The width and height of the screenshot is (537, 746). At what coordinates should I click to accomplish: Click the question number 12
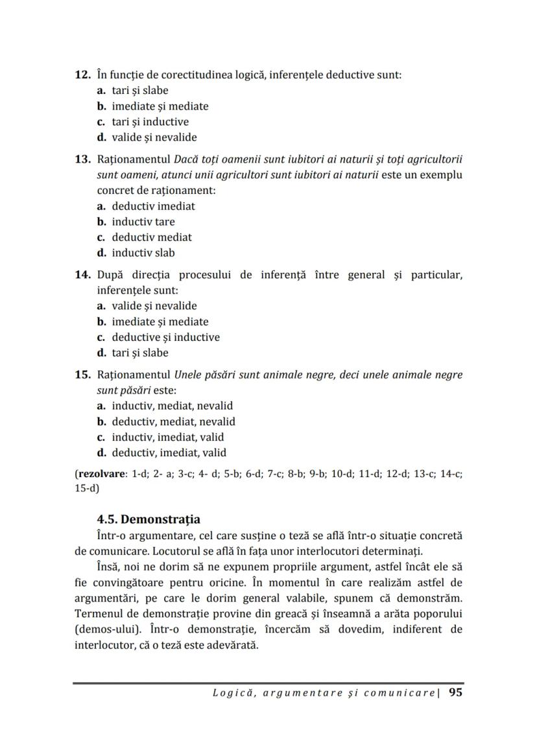pos(82,75)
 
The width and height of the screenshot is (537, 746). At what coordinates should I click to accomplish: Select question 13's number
pos(82,159)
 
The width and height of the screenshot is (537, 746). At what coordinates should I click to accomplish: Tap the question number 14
pos(82,275)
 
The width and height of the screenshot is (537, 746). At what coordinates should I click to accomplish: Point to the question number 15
pos(82,375)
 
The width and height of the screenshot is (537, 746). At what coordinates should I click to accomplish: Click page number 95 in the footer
pos(455,693)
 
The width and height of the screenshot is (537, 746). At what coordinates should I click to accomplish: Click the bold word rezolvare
pos(102,474)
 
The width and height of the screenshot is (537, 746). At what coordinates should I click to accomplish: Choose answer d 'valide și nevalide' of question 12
pos(154,137)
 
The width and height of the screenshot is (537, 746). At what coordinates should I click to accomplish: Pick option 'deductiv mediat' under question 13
pos(152,237)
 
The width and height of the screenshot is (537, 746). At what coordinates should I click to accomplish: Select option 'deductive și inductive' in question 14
pos(165,337)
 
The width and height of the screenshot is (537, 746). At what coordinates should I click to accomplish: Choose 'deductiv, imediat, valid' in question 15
pos(169,452)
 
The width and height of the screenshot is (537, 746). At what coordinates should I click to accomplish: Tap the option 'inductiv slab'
pos(143,253)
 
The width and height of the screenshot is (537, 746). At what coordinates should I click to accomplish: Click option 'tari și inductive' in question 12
pos(150,122)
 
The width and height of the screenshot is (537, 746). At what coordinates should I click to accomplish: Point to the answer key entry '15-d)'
pos(87,488)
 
